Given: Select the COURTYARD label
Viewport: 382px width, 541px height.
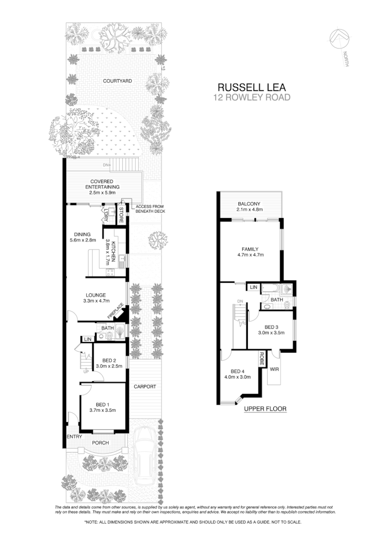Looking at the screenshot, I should coord(118,81).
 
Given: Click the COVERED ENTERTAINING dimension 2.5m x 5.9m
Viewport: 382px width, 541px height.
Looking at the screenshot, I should coord(102,193).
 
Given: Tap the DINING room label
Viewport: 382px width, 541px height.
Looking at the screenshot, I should coord(82,235).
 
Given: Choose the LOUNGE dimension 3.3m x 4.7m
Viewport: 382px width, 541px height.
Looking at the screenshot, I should coord(96,301).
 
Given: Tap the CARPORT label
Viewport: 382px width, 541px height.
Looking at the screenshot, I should coord(145,386).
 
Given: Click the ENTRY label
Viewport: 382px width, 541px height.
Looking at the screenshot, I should coord(74,436).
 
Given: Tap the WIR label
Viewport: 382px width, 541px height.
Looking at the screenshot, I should coord(274,368).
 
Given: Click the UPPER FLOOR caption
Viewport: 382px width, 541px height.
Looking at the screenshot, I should coord(265,409).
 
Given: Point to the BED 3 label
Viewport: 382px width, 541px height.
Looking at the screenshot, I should coord(271,327).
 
